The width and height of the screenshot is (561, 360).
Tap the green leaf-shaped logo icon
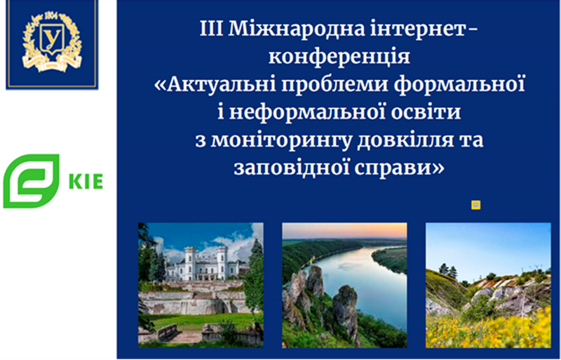tap(31, 181)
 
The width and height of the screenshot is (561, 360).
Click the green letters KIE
tap(86, 181)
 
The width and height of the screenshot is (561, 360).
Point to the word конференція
tap(339, 57)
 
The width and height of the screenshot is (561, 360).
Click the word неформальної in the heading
tap(304, 112)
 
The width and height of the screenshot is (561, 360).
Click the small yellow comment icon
tap(475, 205)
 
